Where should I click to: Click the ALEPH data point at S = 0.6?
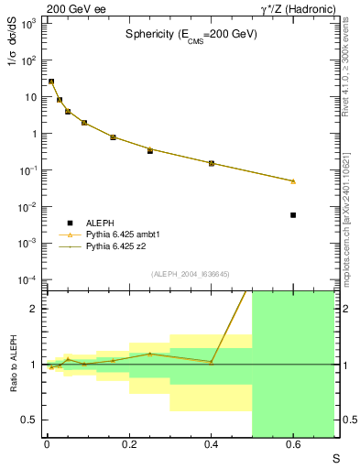[293, 215]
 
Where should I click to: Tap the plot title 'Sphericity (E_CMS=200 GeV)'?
[191, 34]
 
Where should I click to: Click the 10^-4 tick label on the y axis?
[28, 279]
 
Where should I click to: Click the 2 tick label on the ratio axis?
[35, 309]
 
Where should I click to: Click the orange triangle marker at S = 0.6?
[293, 181]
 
